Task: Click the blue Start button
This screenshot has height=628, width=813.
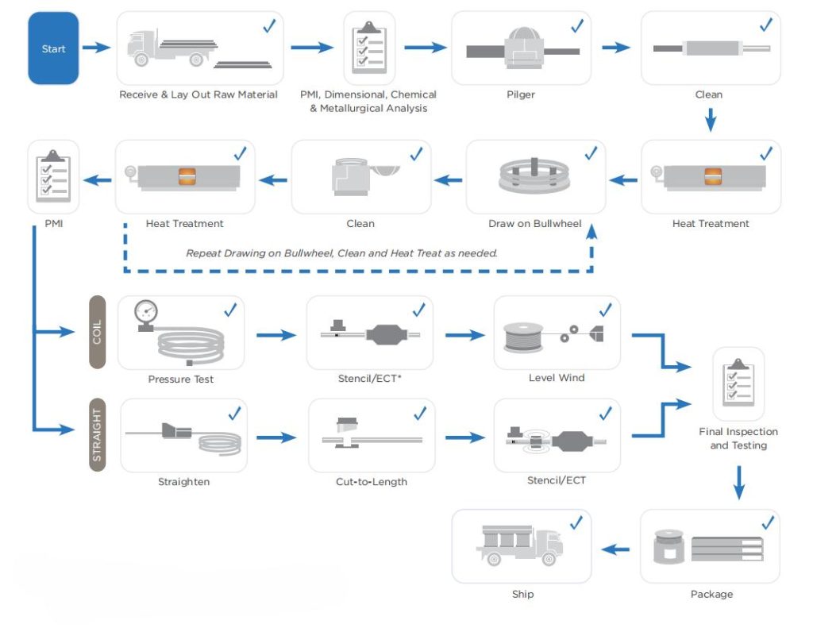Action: (x=53, y=49)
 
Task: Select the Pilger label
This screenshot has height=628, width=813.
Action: (x=521, y=94)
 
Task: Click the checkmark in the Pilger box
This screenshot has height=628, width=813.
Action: (x=577, y=25)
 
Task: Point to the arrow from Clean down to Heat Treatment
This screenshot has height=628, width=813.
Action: (x=711, y=119)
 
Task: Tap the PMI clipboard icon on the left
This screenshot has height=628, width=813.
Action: (x=53, y=175)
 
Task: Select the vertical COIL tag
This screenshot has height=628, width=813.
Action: (x=97, y=332)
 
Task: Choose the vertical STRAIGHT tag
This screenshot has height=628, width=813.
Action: (x=97, y=435)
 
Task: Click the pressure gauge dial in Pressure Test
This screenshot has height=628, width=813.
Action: (x=146, y=310)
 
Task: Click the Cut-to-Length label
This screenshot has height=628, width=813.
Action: (x=371, y=481)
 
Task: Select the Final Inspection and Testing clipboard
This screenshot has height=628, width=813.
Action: (x=738, y=383)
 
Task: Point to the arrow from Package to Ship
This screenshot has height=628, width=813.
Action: (x=615, y=549)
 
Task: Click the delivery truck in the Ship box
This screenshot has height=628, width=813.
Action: (x=518, y=546)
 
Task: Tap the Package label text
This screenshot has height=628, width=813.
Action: (x=711, y=594)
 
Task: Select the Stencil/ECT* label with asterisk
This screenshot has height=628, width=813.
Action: (x=370, y=379)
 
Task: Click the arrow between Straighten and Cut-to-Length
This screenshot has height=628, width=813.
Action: (x=276, y=437)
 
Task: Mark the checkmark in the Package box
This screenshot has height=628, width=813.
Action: (x=768, y=522)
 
